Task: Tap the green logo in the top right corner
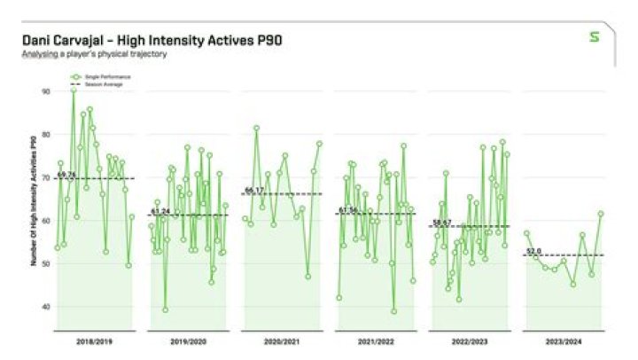pos(595,37)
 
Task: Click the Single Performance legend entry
pos(105,77)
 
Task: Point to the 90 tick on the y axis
pos(45,90)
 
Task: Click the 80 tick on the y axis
pos(45,134)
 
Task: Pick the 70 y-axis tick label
pos(45,177)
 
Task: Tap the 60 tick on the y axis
pos(45,220)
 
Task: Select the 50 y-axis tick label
pos(45,263)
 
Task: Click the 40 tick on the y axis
pos(45,307)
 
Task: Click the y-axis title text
pos(34,200)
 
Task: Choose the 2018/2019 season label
pos(94,340)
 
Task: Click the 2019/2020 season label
pos(187,340)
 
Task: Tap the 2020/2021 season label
pos(281,340)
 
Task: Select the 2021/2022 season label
pos(375,340)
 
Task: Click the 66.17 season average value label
pos(254,190)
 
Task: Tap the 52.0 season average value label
pos(533,251)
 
